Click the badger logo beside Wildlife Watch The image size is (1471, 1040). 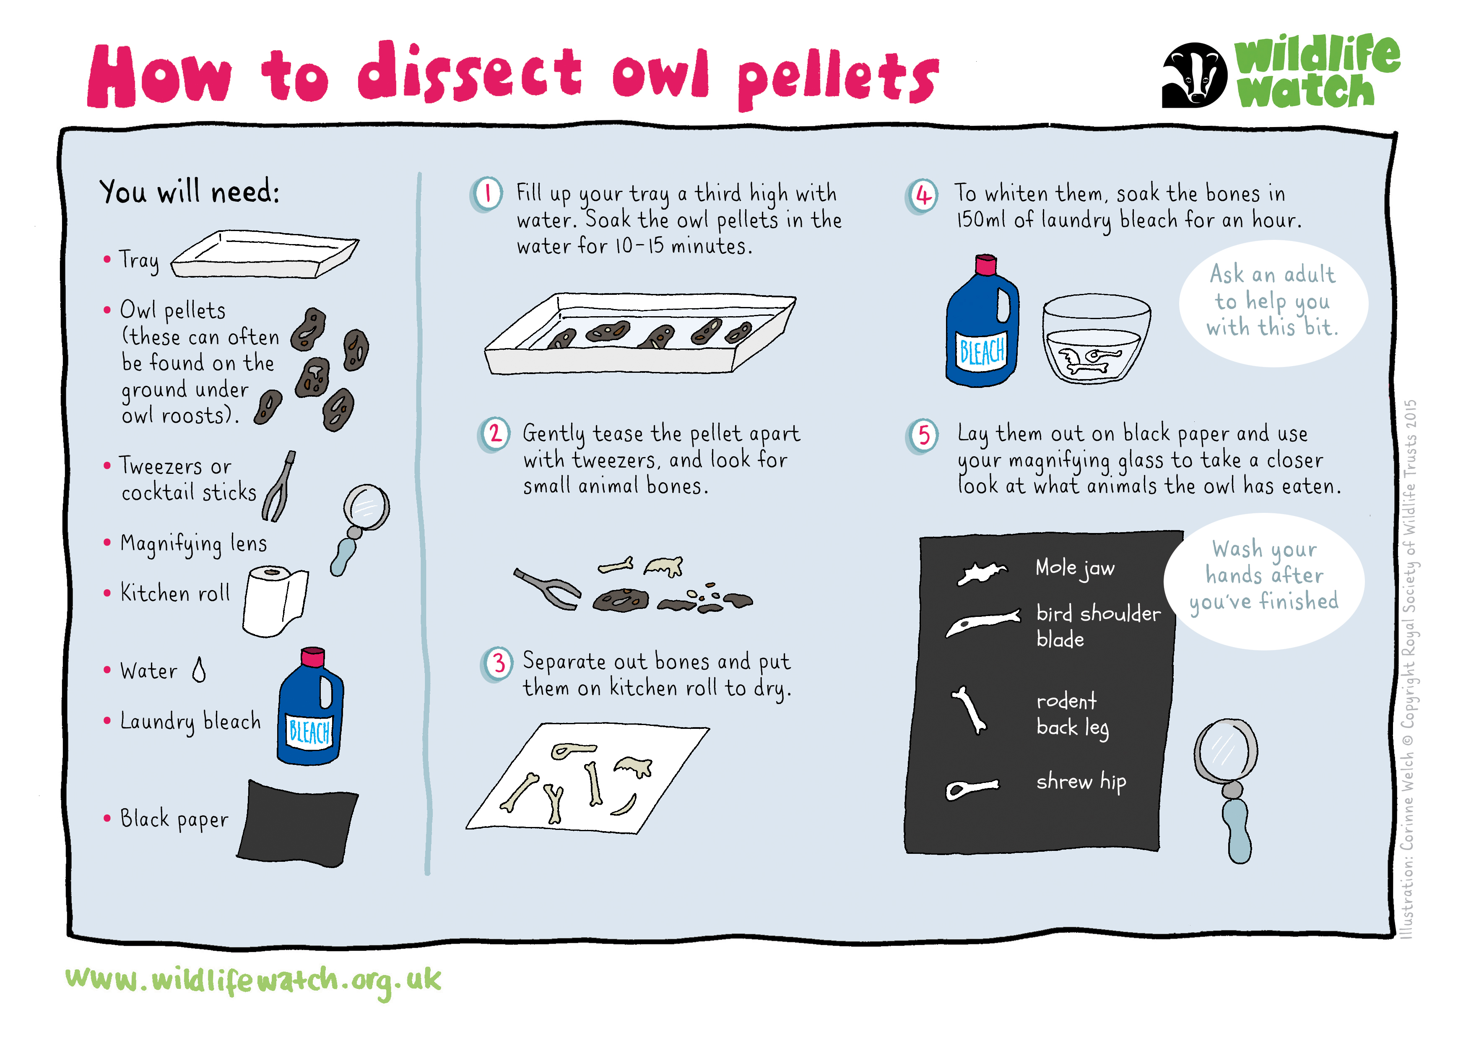click(x=1194, y=75)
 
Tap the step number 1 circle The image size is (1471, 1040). click(x=487, y=193)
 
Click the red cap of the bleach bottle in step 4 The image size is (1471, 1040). click(x=986, y=264)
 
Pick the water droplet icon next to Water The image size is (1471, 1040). click(x=199, y=670)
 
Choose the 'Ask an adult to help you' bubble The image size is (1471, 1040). click(x=1273, y=303)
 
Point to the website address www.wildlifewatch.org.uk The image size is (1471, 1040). click(x=253, y=981)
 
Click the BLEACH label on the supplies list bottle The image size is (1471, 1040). click(x=309, y=731)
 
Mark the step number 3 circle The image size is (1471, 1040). click(x=498, y=663)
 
